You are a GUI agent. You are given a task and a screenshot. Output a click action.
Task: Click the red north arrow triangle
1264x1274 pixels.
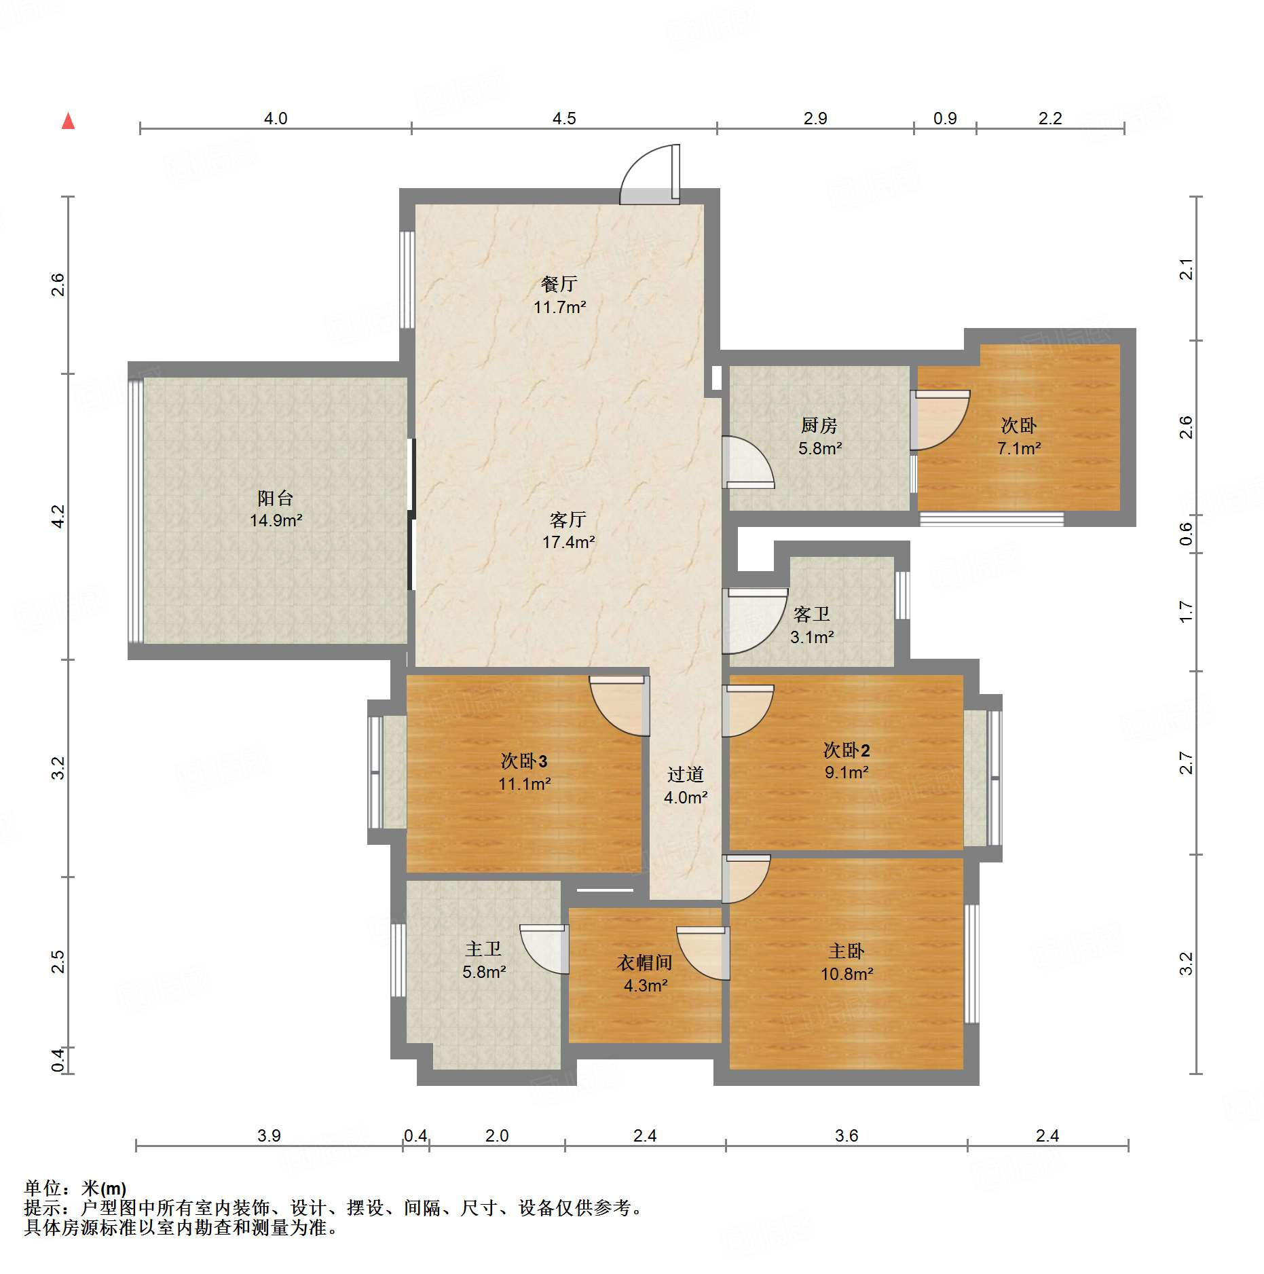tap(68, 121)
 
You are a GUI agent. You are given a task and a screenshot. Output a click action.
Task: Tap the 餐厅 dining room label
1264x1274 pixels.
tap(559, 284)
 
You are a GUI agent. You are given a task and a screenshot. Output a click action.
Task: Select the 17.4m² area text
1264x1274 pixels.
tap(568, 542)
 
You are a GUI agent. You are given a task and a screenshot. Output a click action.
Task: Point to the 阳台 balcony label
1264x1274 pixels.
tap(275, 498)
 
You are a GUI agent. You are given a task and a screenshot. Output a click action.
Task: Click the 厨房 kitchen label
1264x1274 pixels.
tap(819, 425)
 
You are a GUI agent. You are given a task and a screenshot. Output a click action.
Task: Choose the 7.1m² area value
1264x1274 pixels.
tap(1019, 448)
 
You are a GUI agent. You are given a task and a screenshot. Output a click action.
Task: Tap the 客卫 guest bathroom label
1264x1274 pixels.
tap(812, 614)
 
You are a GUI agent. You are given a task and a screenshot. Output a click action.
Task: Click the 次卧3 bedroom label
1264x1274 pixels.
tap(524, 761)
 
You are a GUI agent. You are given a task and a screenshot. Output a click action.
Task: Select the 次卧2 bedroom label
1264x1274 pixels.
tap(847, 750)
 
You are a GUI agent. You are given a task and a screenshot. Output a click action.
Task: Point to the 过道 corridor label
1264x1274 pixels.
tap(686, 774)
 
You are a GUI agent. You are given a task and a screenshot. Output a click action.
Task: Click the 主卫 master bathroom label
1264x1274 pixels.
tap(483, 949)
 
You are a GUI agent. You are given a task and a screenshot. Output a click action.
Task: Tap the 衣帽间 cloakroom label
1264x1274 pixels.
tap(645, 962)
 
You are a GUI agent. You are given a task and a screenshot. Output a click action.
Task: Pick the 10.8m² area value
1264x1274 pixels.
tap(847, 974)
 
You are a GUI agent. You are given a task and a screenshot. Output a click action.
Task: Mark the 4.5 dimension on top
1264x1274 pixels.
tap(564, 119)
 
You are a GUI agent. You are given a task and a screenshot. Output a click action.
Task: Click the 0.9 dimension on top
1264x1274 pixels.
tap(945, 119)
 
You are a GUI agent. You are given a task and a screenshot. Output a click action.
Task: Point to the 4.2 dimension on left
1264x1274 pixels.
tap(58, 517)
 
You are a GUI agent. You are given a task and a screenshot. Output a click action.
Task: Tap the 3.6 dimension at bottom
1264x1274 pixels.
tap(847, 1135)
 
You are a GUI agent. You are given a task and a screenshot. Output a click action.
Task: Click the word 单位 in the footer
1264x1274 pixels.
tap(42, 1188)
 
